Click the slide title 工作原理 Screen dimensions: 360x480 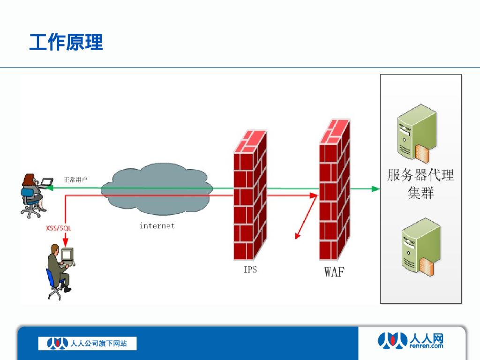[x=66, y=42]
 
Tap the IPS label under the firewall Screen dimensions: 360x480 [x=250, y=270]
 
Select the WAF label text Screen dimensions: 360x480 [x=334, y=272]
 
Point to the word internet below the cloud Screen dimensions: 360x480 [x=157, y=226]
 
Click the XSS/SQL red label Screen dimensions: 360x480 [x=58, y=228]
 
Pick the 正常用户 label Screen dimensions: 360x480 [x=75, y=180]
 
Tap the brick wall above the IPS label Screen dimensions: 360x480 [x=250, y=197]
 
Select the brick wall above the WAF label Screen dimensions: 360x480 [x=334, y=192]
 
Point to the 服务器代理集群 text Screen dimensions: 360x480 [x=420, y=183]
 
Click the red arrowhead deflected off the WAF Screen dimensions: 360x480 [x=297, y=236]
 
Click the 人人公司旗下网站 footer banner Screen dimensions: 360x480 [x=88, y=344]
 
